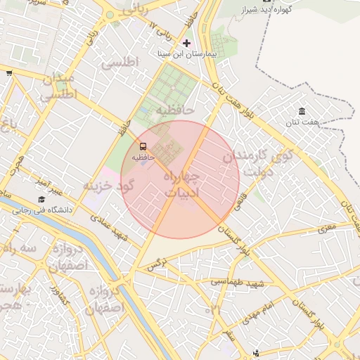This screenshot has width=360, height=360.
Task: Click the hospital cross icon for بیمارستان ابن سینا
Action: coord(186,43)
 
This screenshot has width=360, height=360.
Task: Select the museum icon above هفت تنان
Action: coord(302,112)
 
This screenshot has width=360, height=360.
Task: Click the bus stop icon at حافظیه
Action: coord(143,146)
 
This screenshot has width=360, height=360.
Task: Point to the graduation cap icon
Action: coord(41,200)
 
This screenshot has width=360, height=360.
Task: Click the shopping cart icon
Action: coord(8,72)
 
